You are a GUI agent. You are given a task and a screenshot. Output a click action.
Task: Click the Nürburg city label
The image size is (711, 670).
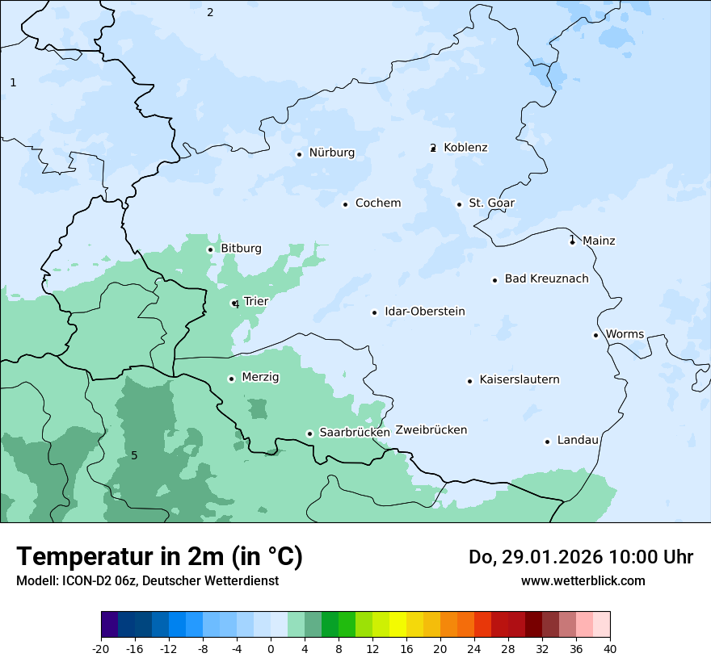331,153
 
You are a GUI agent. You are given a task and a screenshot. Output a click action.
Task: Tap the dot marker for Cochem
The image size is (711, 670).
345,204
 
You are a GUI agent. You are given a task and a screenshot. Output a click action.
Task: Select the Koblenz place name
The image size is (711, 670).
465,148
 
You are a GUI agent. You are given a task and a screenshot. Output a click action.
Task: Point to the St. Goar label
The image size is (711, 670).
491,203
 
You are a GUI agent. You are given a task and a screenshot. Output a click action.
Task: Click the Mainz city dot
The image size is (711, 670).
572,241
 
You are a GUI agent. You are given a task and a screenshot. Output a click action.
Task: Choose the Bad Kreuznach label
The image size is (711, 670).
546,279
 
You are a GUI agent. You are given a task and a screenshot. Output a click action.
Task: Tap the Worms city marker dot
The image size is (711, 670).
595,335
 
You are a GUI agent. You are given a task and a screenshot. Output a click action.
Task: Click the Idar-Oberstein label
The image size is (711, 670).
424,312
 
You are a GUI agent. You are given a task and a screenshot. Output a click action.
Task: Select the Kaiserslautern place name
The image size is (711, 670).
519,380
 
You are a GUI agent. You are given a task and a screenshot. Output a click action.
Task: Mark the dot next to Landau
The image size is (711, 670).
547,442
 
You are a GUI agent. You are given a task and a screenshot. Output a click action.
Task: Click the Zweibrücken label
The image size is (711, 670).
431,430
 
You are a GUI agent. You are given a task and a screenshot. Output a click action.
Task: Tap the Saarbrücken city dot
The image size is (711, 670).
309,433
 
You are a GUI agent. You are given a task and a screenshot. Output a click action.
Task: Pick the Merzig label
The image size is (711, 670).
260,378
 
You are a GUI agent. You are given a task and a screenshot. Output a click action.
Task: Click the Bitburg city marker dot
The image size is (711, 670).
210,249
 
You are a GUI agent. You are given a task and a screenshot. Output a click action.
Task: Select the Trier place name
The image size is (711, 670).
255,302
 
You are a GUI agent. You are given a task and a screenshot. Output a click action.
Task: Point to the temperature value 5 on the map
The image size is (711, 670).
134,456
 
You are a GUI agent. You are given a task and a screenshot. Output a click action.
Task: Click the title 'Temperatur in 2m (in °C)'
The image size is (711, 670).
159,557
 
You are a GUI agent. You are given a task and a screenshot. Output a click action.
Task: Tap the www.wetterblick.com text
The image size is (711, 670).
583,581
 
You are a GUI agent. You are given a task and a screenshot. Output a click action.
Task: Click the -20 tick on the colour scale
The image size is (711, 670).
101,649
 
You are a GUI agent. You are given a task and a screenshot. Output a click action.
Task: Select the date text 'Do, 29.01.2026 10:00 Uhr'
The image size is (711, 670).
580,557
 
